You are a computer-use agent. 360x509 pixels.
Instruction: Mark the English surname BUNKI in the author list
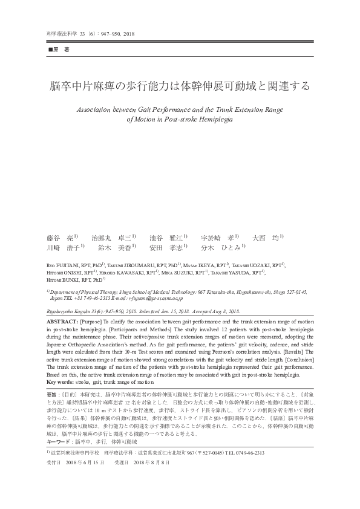(x=76, y=280)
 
